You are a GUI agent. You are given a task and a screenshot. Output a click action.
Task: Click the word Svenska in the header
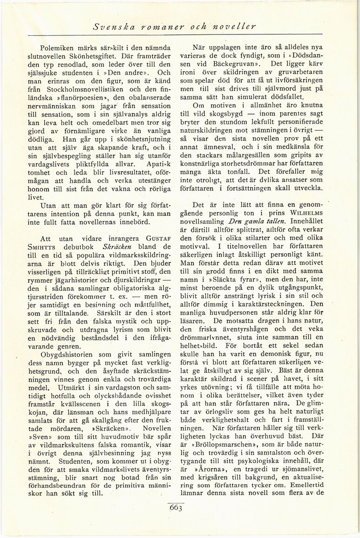pos(111,26)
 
